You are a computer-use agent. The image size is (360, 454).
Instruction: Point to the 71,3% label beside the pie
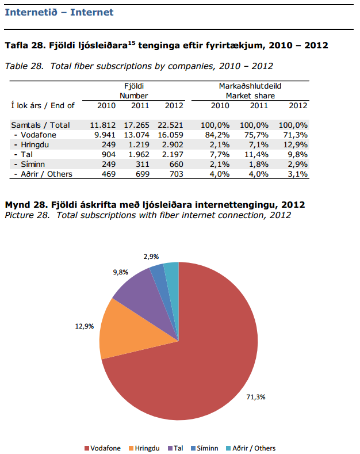coord(255,397)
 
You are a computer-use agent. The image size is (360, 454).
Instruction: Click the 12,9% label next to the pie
coord(84,326)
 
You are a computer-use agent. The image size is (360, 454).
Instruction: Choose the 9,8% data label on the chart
coord(121,271)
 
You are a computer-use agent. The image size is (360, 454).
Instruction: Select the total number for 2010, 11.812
coord(103,125)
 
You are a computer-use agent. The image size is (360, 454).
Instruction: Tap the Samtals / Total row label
coord(40,125)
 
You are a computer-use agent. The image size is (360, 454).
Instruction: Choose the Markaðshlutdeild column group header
coord(250,86)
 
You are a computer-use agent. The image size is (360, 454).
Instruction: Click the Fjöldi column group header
coord(133,86)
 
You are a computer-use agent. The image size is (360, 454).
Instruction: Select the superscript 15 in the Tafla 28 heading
coord(131,42)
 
